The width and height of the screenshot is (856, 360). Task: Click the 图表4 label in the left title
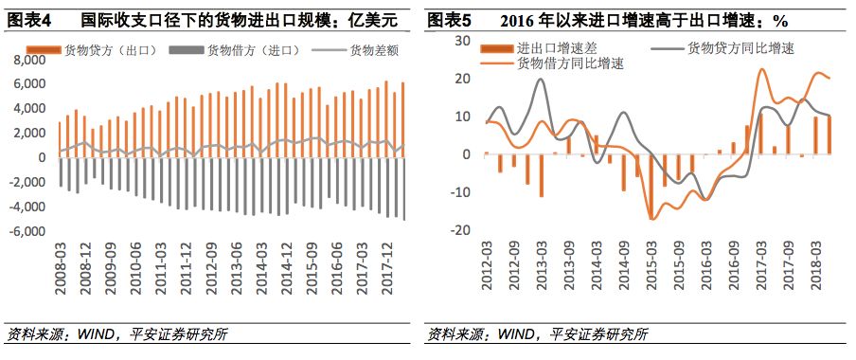point(27,19)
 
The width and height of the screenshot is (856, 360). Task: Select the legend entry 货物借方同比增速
point(570,63)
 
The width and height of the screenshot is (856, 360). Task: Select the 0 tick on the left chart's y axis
point(41,157)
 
